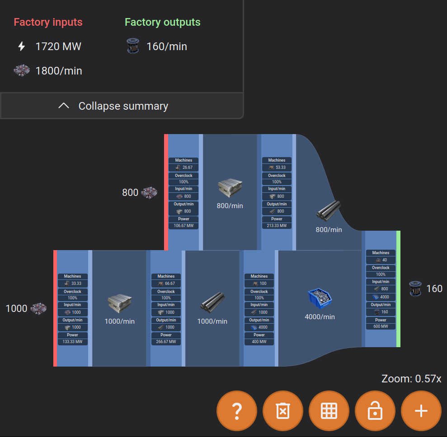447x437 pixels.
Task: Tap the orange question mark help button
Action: [237, 411]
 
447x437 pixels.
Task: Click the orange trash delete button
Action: [283, 411]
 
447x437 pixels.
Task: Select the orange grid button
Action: [329, 411]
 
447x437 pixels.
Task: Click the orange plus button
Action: [421, 411]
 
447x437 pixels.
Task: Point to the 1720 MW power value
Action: [58, 46]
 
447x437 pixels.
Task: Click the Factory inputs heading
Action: [48, 22]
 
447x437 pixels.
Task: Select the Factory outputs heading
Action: [162, 22]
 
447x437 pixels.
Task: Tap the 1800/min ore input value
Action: [59, 71]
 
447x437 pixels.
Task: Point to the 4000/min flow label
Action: [320, 317]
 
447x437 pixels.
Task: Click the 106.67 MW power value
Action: [184, 226]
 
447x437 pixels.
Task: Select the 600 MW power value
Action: [381, 326]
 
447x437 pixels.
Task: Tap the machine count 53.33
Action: [280, 167]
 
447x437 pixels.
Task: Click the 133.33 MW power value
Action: [73, 342]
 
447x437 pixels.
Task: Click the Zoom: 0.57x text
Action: [411, 379]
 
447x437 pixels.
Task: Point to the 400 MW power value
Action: [259, 342]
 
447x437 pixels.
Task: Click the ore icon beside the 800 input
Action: [149, 193]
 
